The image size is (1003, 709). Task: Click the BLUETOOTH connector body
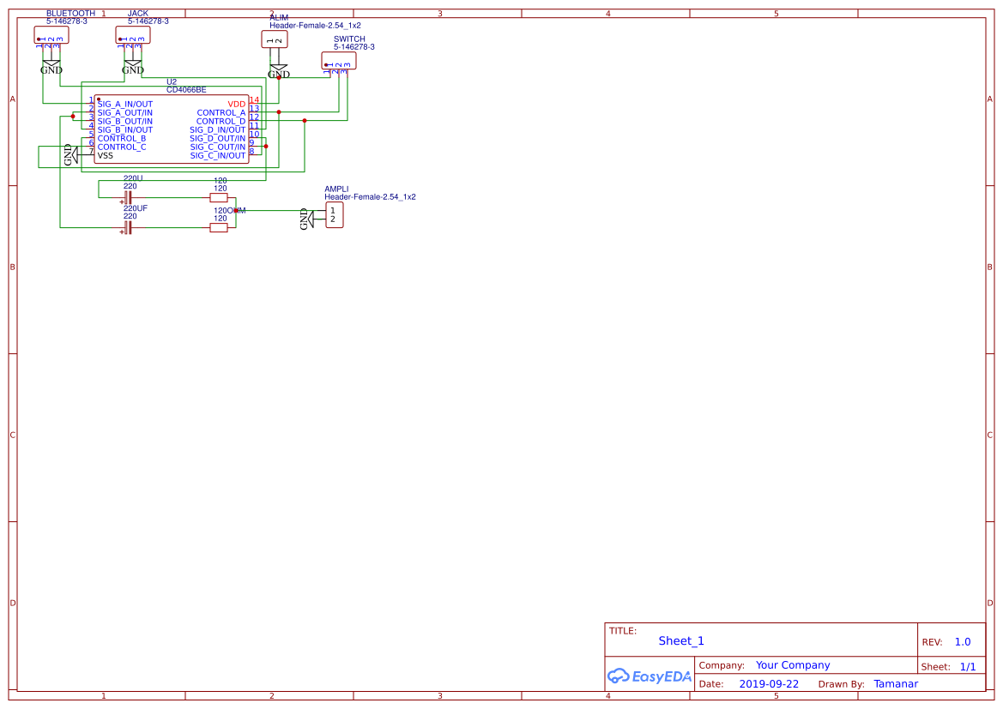pos(51,35)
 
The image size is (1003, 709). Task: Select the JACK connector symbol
pos(133,35)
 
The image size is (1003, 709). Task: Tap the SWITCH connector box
pos(338,61)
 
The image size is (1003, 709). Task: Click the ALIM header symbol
pos(275,39)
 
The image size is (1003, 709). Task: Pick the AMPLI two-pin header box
pos(334,215)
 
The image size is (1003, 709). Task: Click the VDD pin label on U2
pos(236,104)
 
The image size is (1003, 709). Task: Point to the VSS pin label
pos(106,155)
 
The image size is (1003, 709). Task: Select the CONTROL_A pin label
pos(221,112)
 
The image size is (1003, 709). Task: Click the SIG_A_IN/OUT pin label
pos(125,104)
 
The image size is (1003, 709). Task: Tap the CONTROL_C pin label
pos(122,147)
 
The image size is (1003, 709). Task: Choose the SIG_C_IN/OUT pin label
pos(217,155)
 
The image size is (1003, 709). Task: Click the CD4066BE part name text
pos(186,89)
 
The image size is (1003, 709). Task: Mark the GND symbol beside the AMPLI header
pos(305,219)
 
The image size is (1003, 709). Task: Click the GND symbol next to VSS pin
pos(69,155)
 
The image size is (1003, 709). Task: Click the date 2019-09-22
pos(769,684)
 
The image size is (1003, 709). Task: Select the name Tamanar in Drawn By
pos(896,684)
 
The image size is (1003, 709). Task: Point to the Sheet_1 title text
pos(681,641)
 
